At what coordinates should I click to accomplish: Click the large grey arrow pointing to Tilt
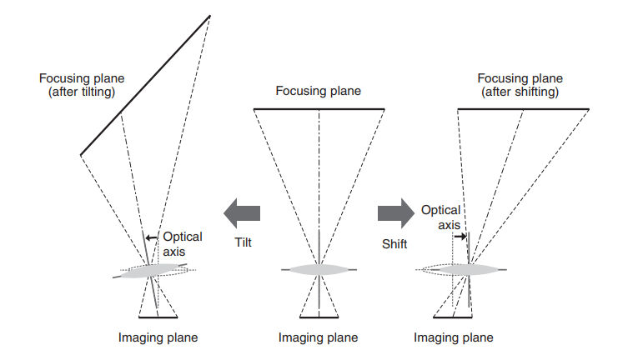(x=241, y=213)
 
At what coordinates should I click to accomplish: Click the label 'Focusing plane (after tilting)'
(x=78, y=85)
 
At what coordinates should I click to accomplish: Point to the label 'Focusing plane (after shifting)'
(x=518, y=85)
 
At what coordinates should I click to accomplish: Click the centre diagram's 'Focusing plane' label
(x=319, y=91)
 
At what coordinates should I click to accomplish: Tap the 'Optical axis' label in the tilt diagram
(x=181, y=243)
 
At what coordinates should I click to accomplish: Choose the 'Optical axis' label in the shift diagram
(x=440, y=218)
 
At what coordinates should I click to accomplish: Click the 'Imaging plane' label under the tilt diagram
(x=158, y=337)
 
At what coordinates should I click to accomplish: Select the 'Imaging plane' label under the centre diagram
(x=318, y=337)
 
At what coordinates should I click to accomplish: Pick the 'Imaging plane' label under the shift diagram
(x=454, y=337)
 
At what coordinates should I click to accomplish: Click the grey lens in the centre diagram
(x=319, y=270)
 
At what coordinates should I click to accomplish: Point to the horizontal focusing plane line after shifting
(x=523, y=108)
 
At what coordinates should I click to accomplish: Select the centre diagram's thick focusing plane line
(x=319, y=108)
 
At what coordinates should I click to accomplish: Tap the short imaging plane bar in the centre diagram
(x=319, y=317)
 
